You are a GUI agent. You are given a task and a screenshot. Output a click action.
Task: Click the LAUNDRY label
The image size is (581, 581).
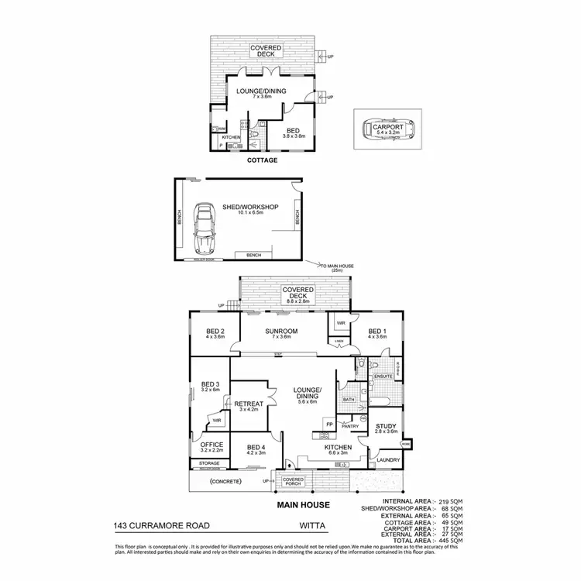pos(387,460)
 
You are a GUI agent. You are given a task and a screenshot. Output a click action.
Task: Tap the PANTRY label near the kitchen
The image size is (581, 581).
pos(348,425)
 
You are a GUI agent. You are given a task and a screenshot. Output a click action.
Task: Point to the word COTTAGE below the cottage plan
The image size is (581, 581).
pos(262,161)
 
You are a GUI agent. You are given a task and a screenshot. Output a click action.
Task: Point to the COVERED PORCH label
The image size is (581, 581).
pos(293,482)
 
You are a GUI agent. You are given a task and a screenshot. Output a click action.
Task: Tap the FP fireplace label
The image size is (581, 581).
pos(329,424)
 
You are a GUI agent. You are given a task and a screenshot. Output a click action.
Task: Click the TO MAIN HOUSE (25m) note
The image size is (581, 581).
pos(335,268)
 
